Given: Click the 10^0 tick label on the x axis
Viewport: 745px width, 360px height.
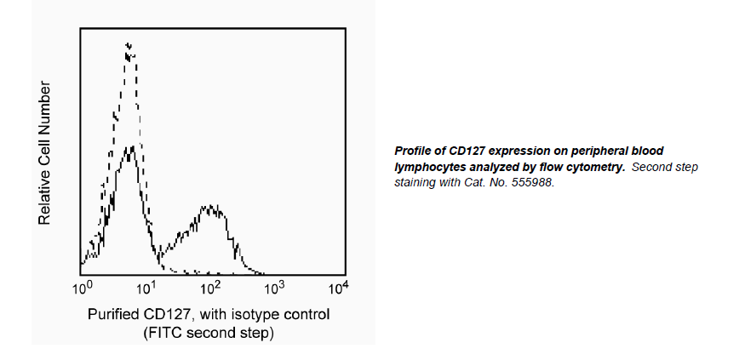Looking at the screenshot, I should tap(82, 289).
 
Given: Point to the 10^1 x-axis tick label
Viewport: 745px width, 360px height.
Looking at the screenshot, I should tap(146, 289).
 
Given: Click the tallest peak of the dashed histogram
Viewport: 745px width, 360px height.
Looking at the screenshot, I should tap(129, 45).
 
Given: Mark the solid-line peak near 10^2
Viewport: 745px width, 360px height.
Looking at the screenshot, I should tap(209, 208).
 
